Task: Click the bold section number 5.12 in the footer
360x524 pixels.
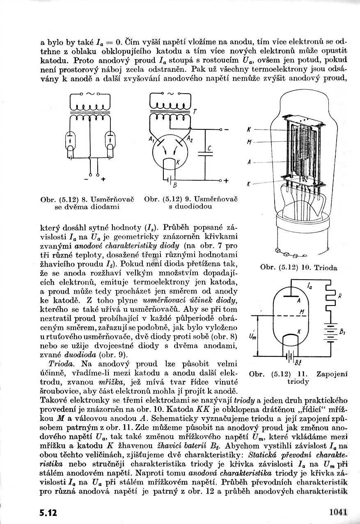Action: (48, 512)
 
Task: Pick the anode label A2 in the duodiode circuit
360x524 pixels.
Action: (190, 139)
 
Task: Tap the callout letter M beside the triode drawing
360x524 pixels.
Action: (249, 142)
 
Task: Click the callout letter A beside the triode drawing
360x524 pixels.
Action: (249, 162)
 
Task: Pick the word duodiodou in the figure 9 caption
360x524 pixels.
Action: (190, 207)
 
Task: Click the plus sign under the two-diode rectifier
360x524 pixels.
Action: (103, 179)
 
